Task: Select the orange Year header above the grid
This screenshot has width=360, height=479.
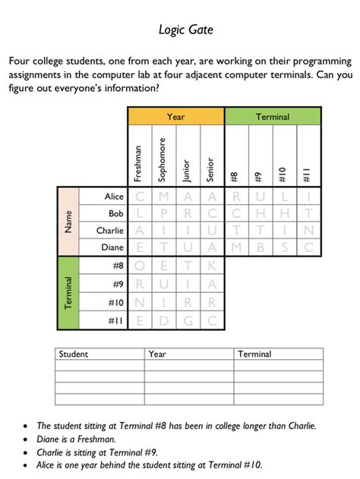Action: pos(176,116)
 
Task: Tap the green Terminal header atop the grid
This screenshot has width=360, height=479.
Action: pos(272,116)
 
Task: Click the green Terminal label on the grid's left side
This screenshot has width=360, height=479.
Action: pos(69,293)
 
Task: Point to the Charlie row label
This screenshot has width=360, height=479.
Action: pos(109,230)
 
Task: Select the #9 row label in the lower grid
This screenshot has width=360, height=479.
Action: pos(116,284)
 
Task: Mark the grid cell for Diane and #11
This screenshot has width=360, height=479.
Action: pos(308,247)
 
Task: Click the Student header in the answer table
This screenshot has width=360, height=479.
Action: pos(74,354)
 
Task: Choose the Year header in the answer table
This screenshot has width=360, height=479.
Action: pos(158,354)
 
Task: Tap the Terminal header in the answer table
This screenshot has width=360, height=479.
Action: pos(254,354)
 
